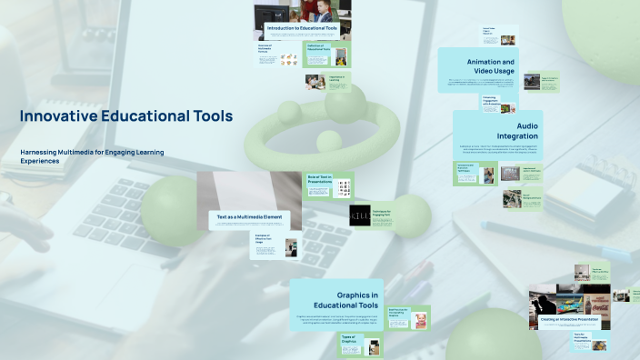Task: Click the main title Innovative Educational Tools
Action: point(126,116)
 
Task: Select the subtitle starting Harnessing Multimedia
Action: point(92,155)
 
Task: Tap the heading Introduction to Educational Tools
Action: point(303,29)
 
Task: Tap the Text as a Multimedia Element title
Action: point(249,217)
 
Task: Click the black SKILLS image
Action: point(359,215)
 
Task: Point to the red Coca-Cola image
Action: point(599,299)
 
